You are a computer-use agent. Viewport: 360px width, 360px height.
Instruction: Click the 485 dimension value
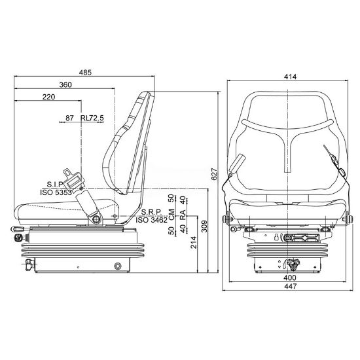pos(85,73)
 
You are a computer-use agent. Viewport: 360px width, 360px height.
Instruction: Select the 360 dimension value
pos(65,84)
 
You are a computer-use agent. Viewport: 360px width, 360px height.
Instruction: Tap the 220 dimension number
pos(48,97)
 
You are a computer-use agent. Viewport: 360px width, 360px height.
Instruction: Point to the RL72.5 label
pos(92,118)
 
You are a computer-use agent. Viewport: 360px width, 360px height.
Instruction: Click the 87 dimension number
pos(69,118)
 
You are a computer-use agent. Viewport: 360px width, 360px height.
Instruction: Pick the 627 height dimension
pos(214,174)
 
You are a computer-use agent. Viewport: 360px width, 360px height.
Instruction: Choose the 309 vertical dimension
pos(204,226)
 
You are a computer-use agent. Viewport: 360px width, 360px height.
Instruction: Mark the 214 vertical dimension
pos(194,242)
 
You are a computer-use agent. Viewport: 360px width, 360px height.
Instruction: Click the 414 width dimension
pos(290,77)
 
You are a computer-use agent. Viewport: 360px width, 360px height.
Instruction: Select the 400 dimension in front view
pos(290,278)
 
